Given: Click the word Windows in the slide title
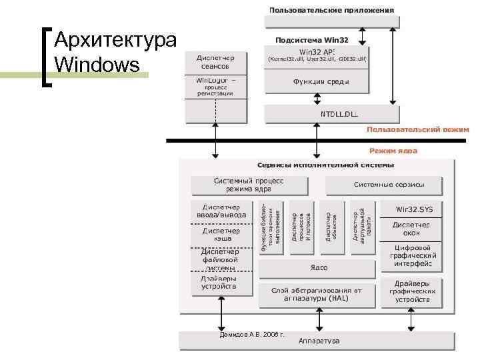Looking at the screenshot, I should [x=98, y=65].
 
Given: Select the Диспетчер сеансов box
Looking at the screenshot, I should [x=215, y=62].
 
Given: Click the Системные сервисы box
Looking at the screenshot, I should [x=388, y=185].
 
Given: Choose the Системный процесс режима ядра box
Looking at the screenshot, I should [x=249, y=185].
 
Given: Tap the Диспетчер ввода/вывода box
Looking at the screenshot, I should [x=222, y=210].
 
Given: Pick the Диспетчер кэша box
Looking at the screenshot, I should [x=222, y=235].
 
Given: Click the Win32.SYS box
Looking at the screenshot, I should [x=415, y=209].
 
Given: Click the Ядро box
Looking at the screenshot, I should [x=319, y=267].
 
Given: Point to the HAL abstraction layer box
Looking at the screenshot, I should [x=317, y=294].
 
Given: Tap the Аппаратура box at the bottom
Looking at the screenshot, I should [x=319, y=340].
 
